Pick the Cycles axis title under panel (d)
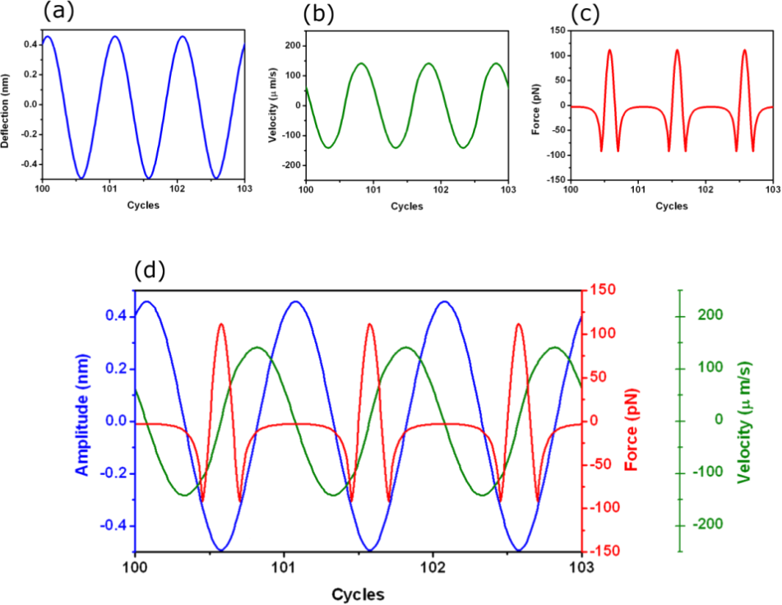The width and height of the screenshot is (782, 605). pyautogui.click(x=359, y=593)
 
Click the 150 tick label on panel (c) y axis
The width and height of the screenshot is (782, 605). pyautogui.click(x=555, y=30)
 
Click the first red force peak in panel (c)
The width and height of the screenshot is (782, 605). pyautogui.click(x=609, y=49)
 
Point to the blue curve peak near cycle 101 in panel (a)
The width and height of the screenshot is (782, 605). pyautogui.click(x=114, y=36)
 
